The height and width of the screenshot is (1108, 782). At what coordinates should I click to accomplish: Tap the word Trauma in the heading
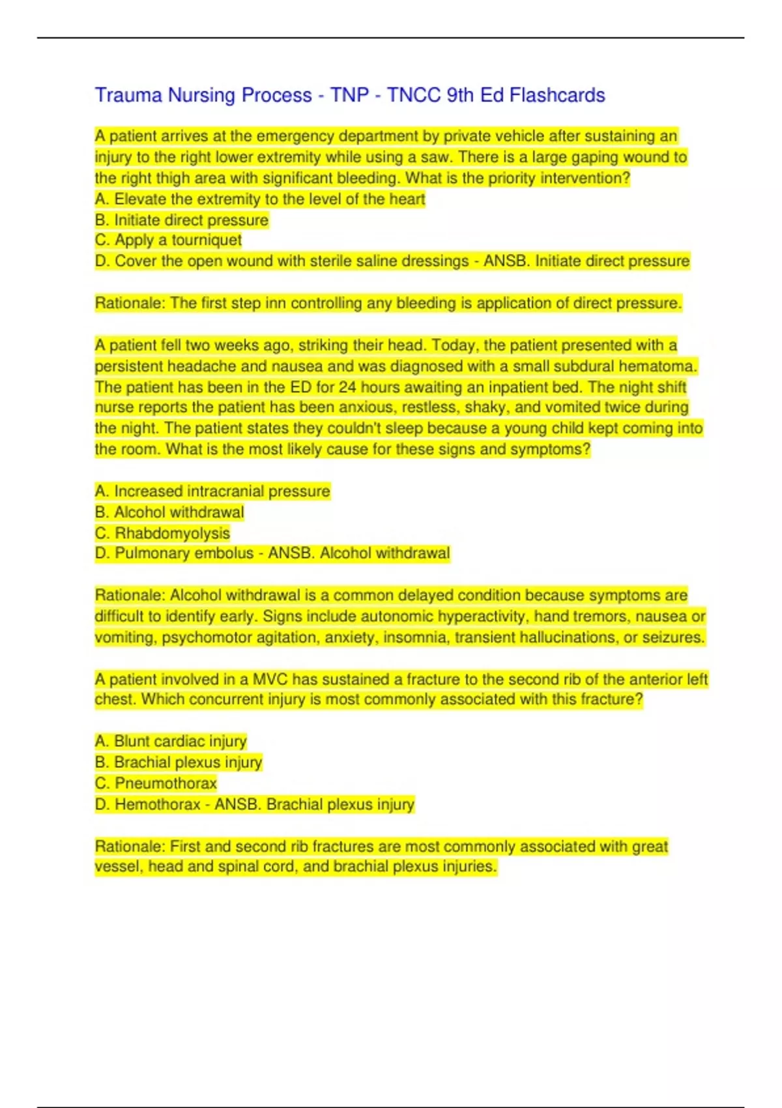click(128, 95)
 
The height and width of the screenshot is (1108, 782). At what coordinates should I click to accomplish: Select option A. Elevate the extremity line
click(259, 199)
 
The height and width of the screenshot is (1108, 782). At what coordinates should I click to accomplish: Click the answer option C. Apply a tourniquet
click(168, 240)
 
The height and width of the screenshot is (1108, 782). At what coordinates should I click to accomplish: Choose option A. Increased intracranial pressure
click(212, 491)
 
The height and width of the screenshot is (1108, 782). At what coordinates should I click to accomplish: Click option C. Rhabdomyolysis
click(162, 533)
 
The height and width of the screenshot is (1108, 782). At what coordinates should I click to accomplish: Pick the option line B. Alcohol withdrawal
click(169, 512)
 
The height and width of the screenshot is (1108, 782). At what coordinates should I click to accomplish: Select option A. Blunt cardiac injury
click(171, 741)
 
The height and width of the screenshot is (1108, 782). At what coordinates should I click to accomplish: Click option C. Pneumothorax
click(156, 783)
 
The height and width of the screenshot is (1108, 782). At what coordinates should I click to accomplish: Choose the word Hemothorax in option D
click(157, 804)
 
